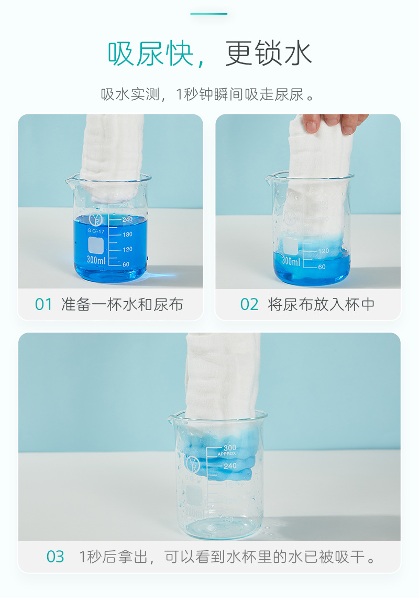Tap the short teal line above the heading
pyautogui.click(x=209, y=14)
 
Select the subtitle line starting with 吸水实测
pyautogui.click(x=209, y=94)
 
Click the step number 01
pyautogui.click(x=44, y=304)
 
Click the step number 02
pyautogui.click(x=249, y=304)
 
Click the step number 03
pyautogui.click(x=56, y=557)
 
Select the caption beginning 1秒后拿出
pyautogui.click(x=227, y=557)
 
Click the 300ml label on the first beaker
pyautogui.click(x=96, y=260)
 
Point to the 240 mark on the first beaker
pyautogui.click(x=126, y=220)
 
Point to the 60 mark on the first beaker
pyautogui.click(x=126, y=264)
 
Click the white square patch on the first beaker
pyautogui.click(x=96, y=244)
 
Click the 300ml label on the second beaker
pyautogui.click(x=291, y=261)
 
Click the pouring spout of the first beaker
pyautogui.click(x=70, y=181)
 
